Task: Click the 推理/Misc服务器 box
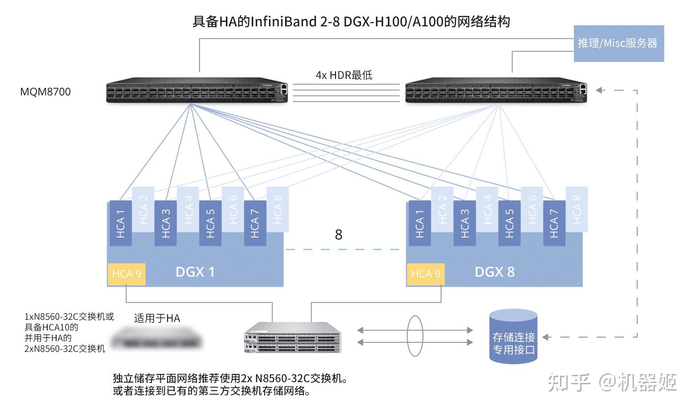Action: point(618,44)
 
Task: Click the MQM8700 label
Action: point(45,92)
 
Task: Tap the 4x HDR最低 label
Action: point(344,75)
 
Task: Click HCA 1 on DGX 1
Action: point(120,223)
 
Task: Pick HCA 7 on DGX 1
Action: point(255,223)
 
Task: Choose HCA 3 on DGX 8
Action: point(464,223)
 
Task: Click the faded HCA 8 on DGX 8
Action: point(576,209)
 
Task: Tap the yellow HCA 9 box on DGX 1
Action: point(127,273)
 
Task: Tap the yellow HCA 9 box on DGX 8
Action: point(425,273)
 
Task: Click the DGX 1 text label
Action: point(195,272)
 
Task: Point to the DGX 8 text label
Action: point(495,272)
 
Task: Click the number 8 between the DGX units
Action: point(339,235)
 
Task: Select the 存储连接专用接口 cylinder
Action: point(513,337)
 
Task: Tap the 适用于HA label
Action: point(157,318)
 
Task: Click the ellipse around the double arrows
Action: point(415,336)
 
